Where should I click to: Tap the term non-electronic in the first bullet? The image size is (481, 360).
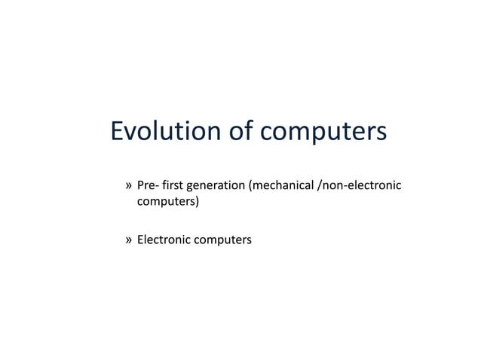[364, 185]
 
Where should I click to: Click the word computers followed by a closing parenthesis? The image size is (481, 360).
[165, 202]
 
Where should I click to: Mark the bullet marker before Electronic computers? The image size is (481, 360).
[129, 240]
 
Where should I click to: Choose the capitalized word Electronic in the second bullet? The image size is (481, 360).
[164, 239]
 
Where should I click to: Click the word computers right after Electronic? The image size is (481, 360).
[224, 240]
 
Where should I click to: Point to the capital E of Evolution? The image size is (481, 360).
[118, 131]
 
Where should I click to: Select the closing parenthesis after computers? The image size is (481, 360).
[197, 202]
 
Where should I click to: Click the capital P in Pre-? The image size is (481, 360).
[140, 185]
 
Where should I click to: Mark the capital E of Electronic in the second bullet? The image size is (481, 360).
[140, 239]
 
